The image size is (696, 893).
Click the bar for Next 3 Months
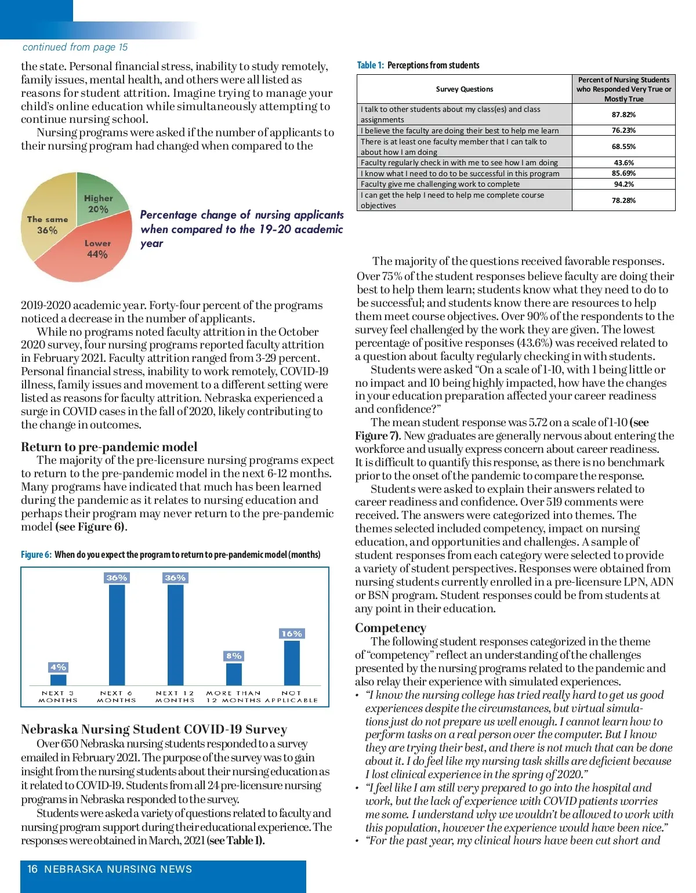[x=59, y=680]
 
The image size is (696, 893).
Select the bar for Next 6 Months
[x=117, y=634]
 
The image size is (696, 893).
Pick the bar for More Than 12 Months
[x=234, y=674]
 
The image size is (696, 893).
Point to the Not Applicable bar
[x=292, y=662]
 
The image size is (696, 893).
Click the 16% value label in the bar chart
[x=292, y=634]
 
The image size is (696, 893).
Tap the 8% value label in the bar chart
[x=234, y=656]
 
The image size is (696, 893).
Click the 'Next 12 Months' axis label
[x=175, y=696]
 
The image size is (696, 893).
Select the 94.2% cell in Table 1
[x=623, y=184]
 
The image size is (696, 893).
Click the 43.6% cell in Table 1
[x=623, y=163]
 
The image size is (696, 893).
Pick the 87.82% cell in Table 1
[x=623, y=115]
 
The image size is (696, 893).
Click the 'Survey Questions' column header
[x=464, y=89]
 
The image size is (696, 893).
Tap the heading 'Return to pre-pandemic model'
[x=109, y=446]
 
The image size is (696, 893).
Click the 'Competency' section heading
[x=390, y=628]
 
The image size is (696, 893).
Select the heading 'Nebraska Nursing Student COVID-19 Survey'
[x=154, y=729]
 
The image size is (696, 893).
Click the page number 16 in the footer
[x=32, y=869]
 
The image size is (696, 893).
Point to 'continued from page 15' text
[x=75, y=47]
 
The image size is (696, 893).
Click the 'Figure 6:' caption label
[x=36, y=554]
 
